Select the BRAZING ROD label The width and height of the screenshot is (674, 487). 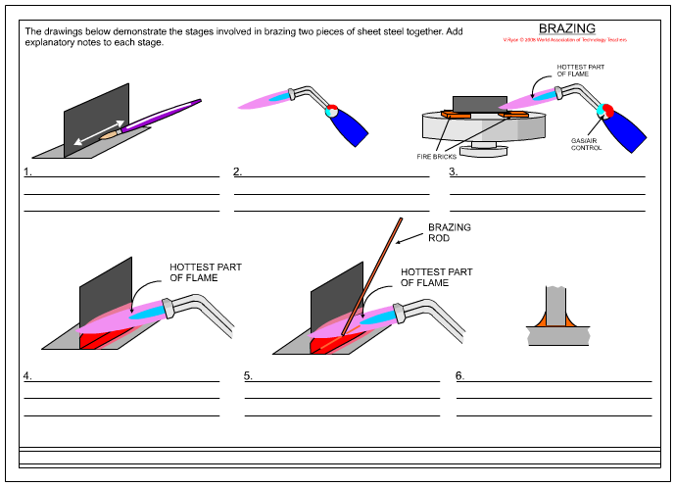pos(450,232)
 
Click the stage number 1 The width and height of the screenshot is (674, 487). pos(28,172)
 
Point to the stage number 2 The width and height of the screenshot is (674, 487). pos(238,172)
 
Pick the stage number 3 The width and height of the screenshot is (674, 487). pos(454,172)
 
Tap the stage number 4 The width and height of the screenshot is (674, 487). pos(28,375)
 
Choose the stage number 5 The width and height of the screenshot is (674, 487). pos(249,375)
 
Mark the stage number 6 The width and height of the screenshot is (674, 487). pos(460,375)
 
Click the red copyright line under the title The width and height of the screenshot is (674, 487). pos(564,39)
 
